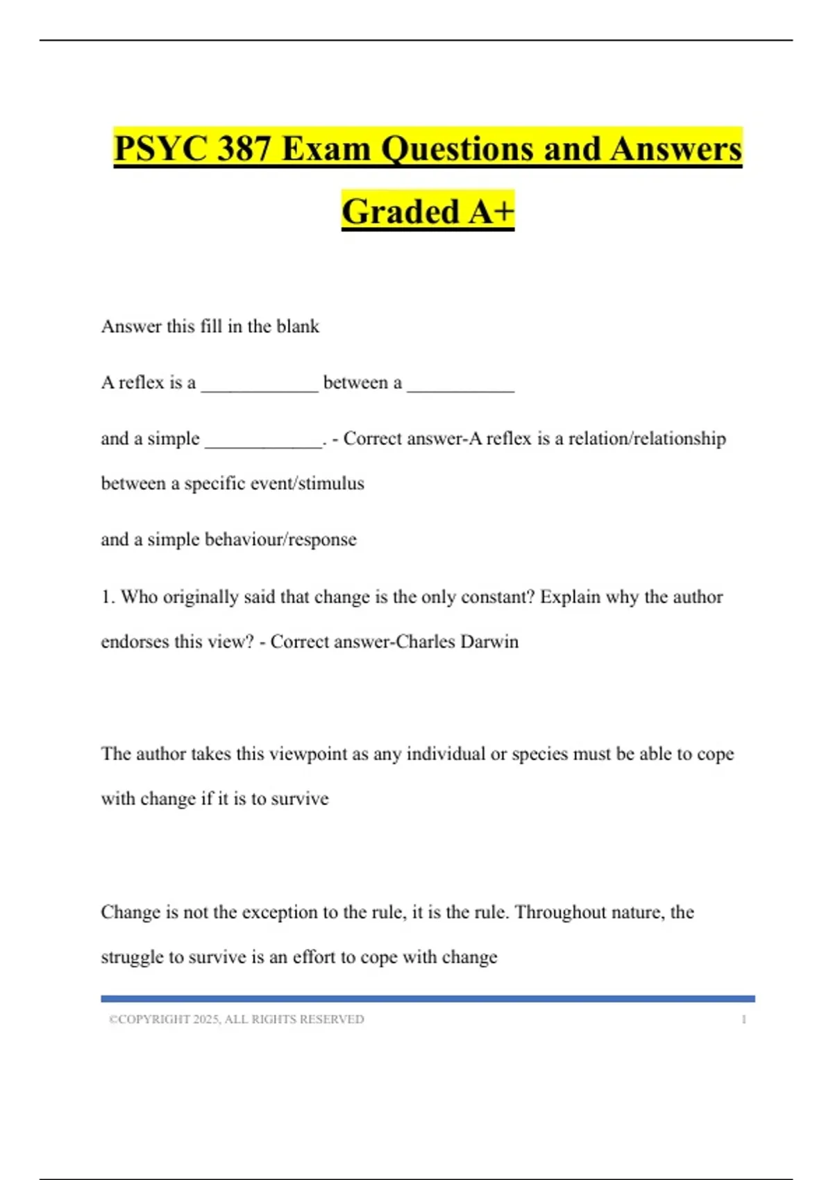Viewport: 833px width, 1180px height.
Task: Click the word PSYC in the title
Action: click(161, 149)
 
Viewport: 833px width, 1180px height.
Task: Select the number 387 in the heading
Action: click(243, 149)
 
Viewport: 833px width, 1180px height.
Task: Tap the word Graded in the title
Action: click(401, 212)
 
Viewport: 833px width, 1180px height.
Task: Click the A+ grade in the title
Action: click(491, 212)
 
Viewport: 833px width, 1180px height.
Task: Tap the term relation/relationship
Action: click(647, 439)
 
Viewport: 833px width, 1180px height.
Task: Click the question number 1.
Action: click(108, 597)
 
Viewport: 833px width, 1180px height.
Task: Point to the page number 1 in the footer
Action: click(743, 1020)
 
